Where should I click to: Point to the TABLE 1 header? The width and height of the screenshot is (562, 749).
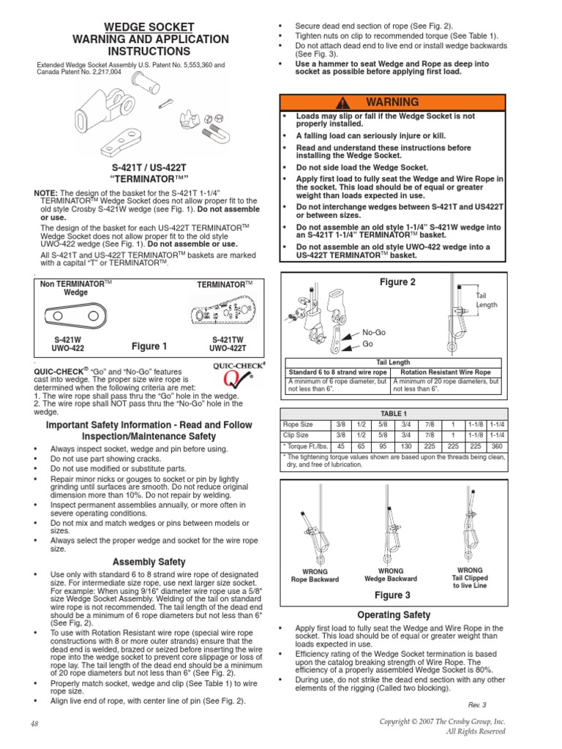pyautogui.click(x=392, y=413)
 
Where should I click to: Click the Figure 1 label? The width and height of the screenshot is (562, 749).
pyautogui.click(x=149, y=346)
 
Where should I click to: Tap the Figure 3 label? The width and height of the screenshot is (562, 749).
pyautogui.click(x=392, y=595)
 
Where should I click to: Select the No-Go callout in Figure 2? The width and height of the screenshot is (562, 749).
pyautogui.click(x=373, y=332)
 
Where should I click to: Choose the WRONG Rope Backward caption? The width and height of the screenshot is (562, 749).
pyautogui.click(x=315, y=575)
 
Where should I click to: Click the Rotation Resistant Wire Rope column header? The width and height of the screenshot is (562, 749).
pyautogui.click(x=446, y=372)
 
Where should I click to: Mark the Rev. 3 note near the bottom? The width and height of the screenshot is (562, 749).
pyautogui.click(x=479, y=704)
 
